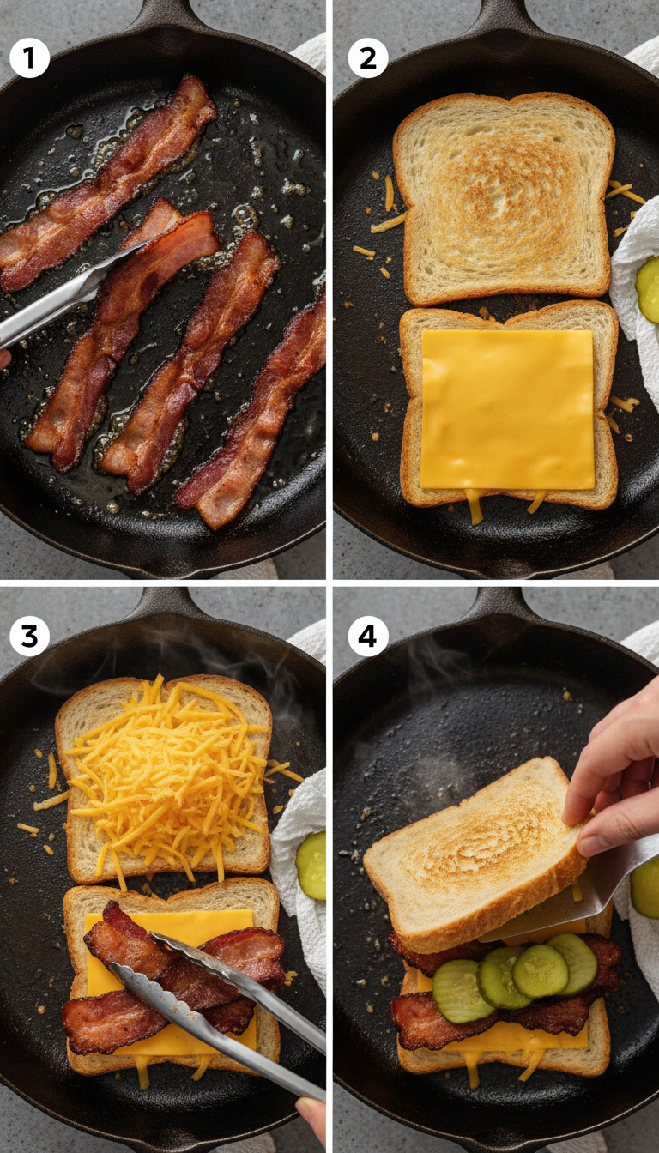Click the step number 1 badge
[x=29, y=59]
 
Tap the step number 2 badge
[x=368, y=59]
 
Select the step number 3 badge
[x=29, y=636]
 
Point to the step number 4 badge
[x=368, y=636]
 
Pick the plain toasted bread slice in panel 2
[x=504, y=197]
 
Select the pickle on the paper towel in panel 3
[x=311, y=865]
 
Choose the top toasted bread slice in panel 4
[x=472, y=849]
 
